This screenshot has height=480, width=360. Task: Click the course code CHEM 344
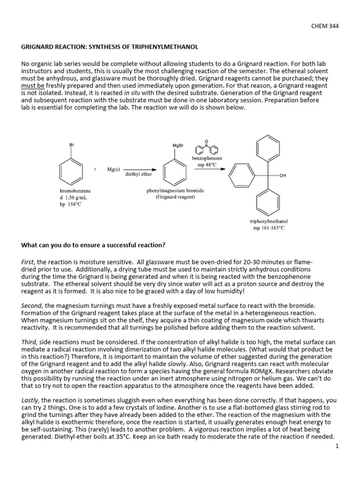[x=324, y=26]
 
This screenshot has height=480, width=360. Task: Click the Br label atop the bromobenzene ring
[x=72, y=145]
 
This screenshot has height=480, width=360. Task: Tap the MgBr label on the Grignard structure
[x=178, y=145]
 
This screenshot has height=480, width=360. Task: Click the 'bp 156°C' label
[x=70, y=204]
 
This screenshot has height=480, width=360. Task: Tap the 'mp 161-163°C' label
[x=269, y=228]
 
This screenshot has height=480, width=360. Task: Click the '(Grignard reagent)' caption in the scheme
[x=175, y=197]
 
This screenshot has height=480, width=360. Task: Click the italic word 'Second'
[x=31, y=306]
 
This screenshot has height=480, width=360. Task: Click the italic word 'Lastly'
[x=30, y=401]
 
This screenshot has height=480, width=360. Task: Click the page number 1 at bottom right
[x=337, y=447]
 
